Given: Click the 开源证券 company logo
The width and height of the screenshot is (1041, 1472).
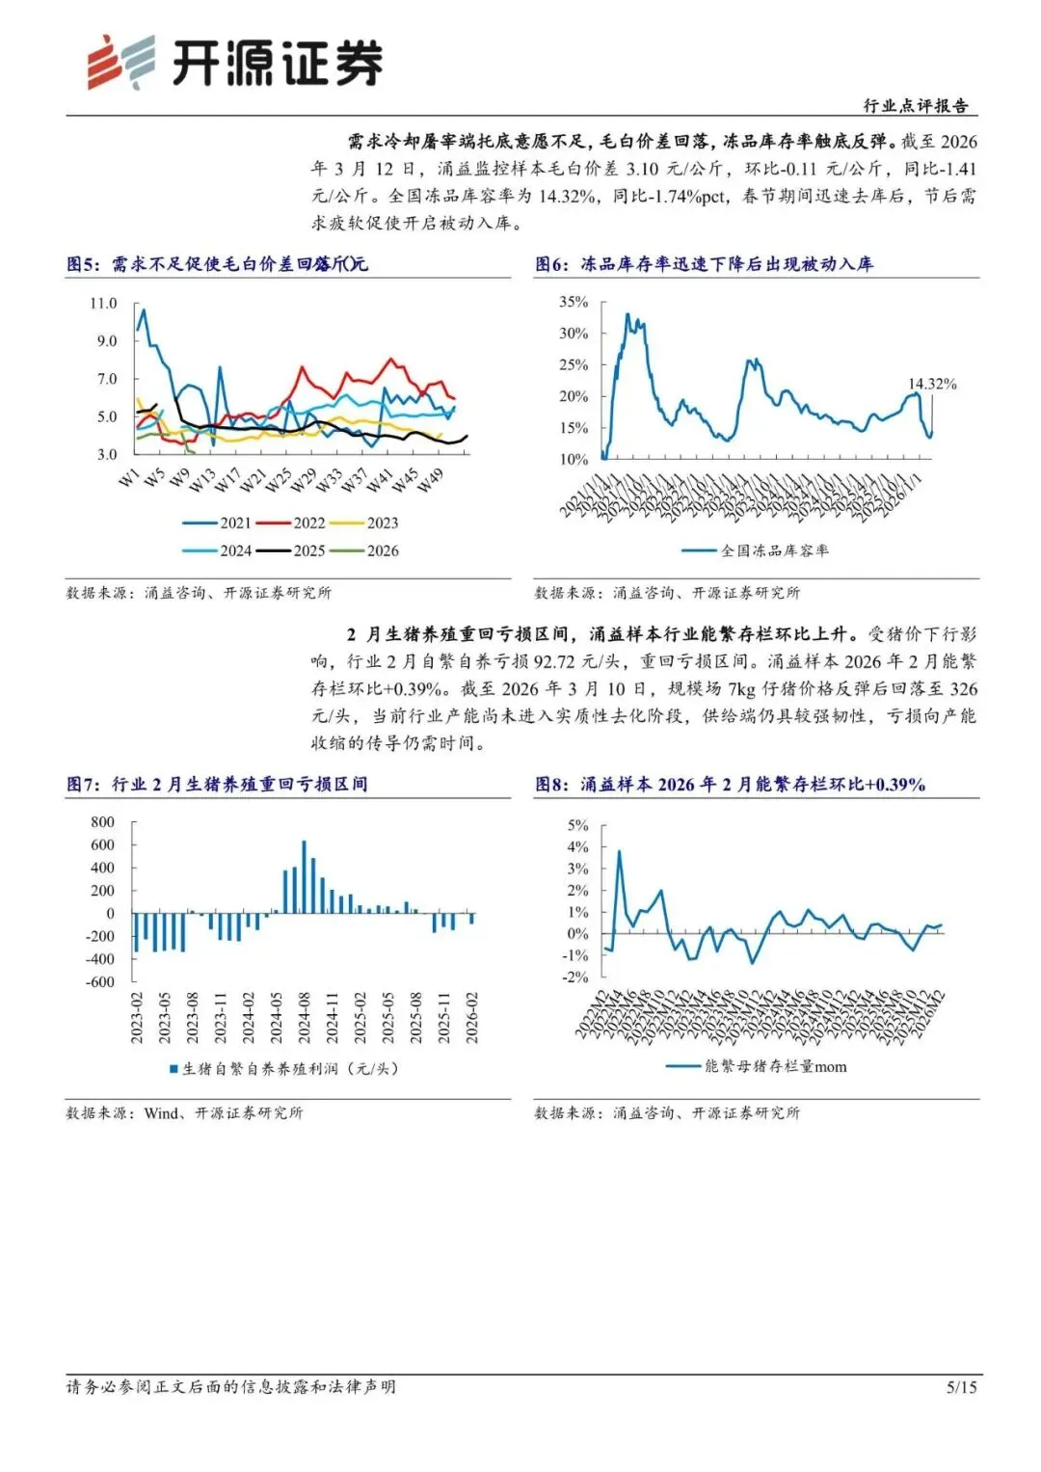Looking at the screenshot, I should tap(235, 63).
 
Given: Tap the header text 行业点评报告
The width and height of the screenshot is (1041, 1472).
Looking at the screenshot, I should tap(915, 106).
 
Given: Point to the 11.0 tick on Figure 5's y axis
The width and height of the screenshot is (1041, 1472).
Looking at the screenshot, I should tap(103, 304).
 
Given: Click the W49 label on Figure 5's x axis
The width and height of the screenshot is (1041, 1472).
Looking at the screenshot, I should tap(431, 480).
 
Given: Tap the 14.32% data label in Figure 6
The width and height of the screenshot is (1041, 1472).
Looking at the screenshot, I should tap(932, 384).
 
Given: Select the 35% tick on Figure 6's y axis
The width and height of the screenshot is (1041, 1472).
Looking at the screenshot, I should tap(574, 303).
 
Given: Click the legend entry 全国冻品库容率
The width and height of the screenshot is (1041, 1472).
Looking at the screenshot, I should tap(774, 551).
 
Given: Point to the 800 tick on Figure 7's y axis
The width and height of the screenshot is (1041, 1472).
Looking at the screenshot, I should tap(102, 822).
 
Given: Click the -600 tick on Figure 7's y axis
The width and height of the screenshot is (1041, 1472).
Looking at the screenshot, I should tap(100, 982).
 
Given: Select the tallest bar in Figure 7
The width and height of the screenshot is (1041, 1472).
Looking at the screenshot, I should tap(304, 876).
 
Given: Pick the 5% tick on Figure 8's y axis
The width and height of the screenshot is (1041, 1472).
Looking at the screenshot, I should tap(577, 826).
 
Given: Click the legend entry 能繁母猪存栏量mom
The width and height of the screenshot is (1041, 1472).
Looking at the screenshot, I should tap(774, 1066).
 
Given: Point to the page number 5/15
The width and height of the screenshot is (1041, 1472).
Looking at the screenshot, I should tap(961, 1387).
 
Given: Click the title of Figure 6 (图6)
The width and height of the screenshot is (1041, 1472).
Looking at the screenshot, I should tap(705, 264).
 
